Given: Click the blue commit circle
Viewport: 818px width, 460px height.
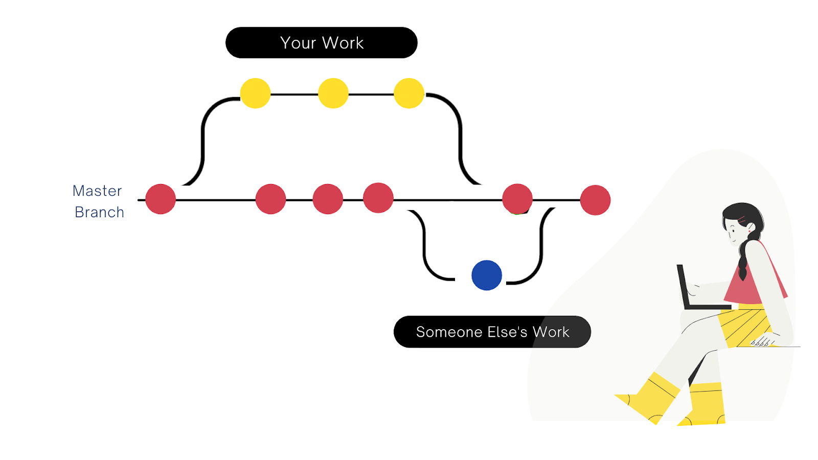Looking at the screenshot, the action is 487,275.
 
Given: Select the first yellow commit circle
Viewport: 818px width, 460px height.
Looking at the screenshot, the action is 255,93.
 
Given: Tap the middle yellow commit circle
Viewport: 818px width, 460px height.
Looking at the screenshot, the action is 333,93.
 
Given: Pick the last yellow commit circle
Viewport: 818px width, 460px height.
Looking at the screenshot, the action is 409,93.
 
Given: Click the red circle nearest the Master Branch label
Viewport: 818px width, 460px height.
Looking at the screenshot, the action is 161,199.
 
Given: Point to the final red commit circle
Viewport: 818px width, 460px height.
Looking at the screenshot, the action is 595,200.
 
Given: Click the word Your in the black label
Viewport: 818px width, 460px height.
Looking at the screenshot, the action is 298,43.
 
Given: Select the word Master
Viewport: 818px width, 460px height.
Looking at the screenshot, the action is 97,191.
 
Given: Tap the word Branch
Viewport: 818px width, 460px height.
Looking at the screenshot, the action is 99,212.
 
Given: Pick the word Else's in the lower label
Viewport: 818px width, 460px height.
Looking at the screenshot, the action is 507,332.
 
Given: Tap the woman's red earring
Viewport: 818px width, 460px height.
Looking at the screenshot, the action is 749,232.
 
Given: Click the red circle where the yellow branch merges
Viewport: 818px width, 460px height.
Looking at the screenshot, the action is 517,199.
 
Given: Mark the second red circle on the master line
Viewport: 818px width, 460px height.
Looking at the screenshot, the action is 270,199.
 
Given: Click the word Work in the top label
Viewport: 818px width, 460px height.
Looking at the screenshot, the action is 343,43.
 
